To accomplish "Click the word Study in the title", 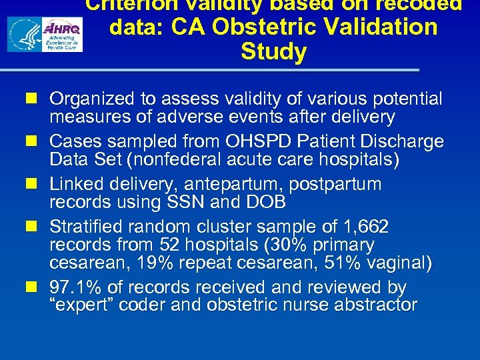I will coord(273,52).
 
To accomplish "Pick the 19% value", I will coord(157,263).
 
